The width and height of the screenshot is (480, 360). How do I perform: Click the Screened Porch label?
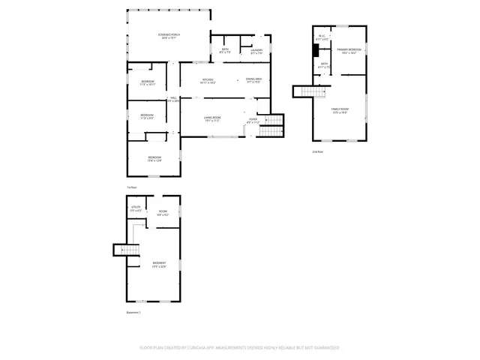169,35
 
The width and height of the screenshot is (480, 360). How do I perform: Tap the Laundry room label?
256,50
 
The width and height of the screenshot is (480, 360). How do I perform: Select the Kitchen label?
208,80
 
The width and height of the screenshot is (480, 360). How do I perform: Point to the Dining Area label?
253,79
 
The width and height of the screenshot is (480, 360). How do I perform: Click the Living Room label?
211,118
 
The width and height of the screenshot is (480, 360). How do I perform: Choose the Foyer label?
253,119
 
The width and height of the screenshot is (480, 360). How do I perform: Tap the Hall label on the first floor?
173,98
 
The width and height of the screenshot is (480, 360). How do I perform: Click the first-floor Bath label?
225,50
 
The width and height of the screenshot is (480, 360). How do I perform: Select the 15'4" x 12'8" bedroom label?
154,157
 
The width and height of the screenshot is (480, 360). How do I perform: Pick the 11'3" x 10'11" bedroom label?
148,82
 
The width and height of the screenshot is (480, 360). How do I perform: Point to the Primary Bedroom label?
349,49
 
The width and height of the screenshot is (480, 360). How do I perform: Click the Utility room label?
136,208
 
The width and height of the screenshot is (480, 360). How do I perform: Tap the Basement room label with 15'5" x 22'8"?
158,264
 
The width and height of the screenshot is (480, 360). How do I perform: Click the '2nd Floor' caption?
318,151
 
